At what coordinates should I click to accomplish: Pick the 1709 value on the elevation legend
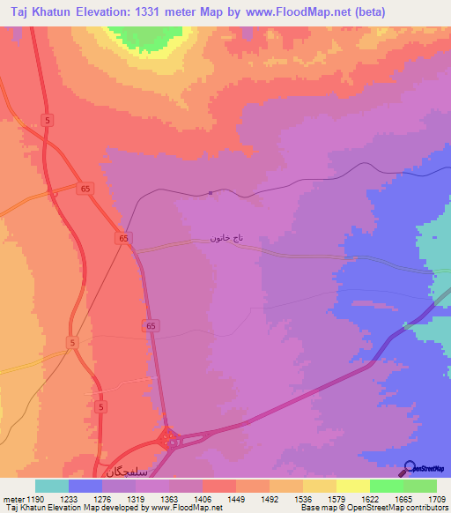[x=436, y=500]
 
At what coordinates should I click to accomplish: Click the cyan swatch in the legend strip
[x=52, y=486]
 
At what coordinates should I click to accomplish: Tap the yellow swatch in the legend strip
[x=352, y=486]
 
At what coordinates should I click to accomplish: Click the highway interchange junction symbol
[x=168, y=438]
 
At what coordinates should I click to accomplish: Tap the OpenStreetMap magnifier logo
[x=410, y=468]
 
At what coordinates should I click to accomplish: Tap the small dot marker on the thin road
[x=210, y=193]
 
